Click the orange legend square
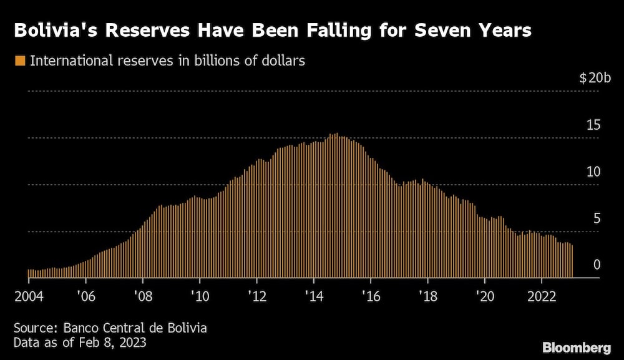point(20,61)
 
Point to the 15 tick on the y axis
point(593,125)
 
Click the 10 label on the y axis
point(593,172)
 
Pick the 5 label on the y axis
point(597,218)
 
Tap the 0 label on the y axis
point(597,265)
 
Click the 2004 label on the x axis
point(29,296)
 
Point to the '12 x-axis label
point(256,296)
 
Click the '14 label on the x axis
point(313,296)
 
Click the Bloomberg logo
point(576,347)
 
